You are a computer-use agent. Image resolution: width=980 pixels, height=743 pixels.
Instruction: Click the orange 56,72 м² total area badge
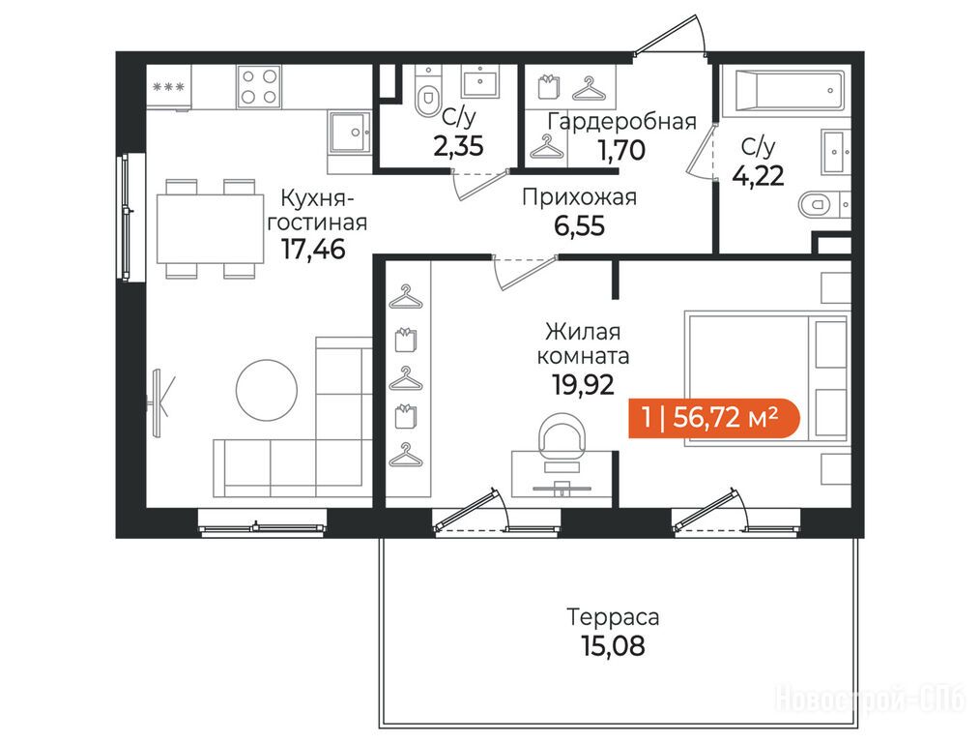[x=714, y=417]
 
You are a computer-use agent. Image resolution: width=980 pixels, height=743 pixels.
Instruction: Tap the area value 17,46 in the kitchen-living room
[x=313, y=249]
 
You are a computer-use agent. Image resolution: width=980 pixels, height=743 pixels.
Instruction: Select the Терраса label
[x=613, y=617]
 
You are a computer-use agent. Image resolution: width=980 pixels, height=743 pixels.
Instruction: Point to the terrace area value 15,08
[x=613, y=646]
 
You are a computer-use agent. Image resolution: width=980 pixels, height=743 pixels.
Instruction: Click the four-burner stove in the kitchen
[x=259, y=87]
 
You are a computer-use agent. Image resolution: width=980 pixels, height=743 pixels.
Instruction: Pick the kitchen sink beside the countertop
[x=349, y=132]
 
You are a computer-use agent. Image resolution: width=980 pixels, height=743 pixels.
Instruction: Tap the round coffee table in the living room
[x=267, y=390]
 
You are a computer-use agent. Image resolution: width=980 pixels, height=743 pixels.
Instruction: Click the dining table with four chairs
[x=210, y=228]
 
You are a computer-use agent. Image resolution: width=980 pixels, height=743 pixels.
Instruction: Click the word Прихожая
[x=579, y=197]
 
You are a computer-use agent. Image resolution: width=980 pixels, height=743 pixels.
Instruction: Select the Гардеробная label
[x=621, y=121]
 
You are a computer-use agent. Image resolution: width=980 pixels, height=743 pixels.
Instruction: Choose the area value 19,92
[x=583, y=385]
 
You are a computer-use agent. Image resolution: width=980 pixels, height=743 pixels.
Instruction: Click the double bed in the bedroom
[x=767, y=377]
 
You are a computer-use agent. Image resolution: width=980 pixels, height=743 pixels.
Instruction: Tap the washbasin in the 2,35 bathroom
[x=480, y=81]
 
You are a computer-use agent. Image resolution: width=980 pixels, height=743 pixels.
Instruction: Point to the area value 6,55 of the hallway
[x=579, y=225]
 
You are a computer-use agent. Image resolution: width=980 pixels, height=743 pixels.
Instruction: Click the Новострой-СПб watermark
[x=870, y=698]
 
